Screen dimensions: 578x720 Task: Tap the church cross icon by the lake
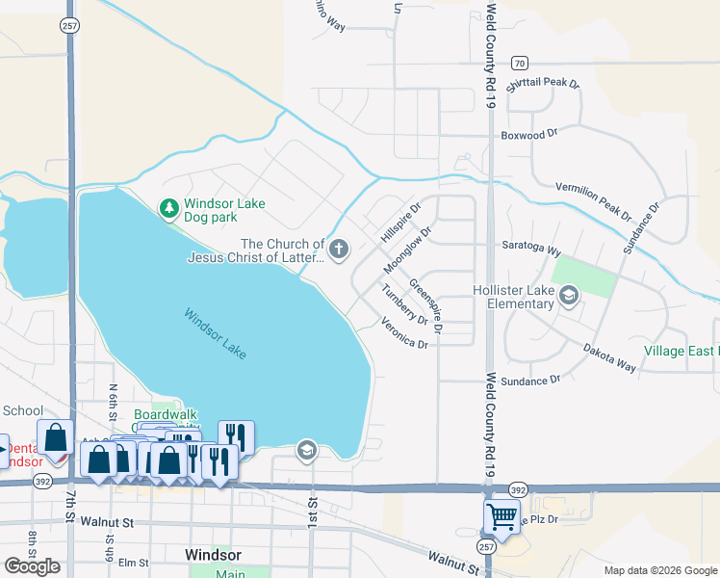pos(338,250)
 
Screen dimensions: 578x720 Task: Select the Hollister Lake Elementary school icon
pos(569,295)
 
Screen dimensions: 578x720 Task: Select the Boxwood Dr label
pos(529,136)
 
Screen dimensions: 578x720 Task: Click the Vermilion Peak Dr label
pos(593,199)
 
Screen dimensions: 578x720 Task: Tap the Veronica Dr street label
pos(403,333)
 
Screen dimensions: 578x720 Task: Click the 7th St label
pos(69,505)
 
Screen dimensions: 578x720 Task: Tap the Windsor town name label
pos(212,556)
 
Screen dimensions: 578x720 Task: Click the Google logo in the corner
pos(32,565)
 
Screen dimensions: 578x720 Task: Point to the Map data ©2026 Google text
pos(659,570)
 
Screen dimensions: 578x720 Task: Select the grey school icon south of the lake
pos(307,450)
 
